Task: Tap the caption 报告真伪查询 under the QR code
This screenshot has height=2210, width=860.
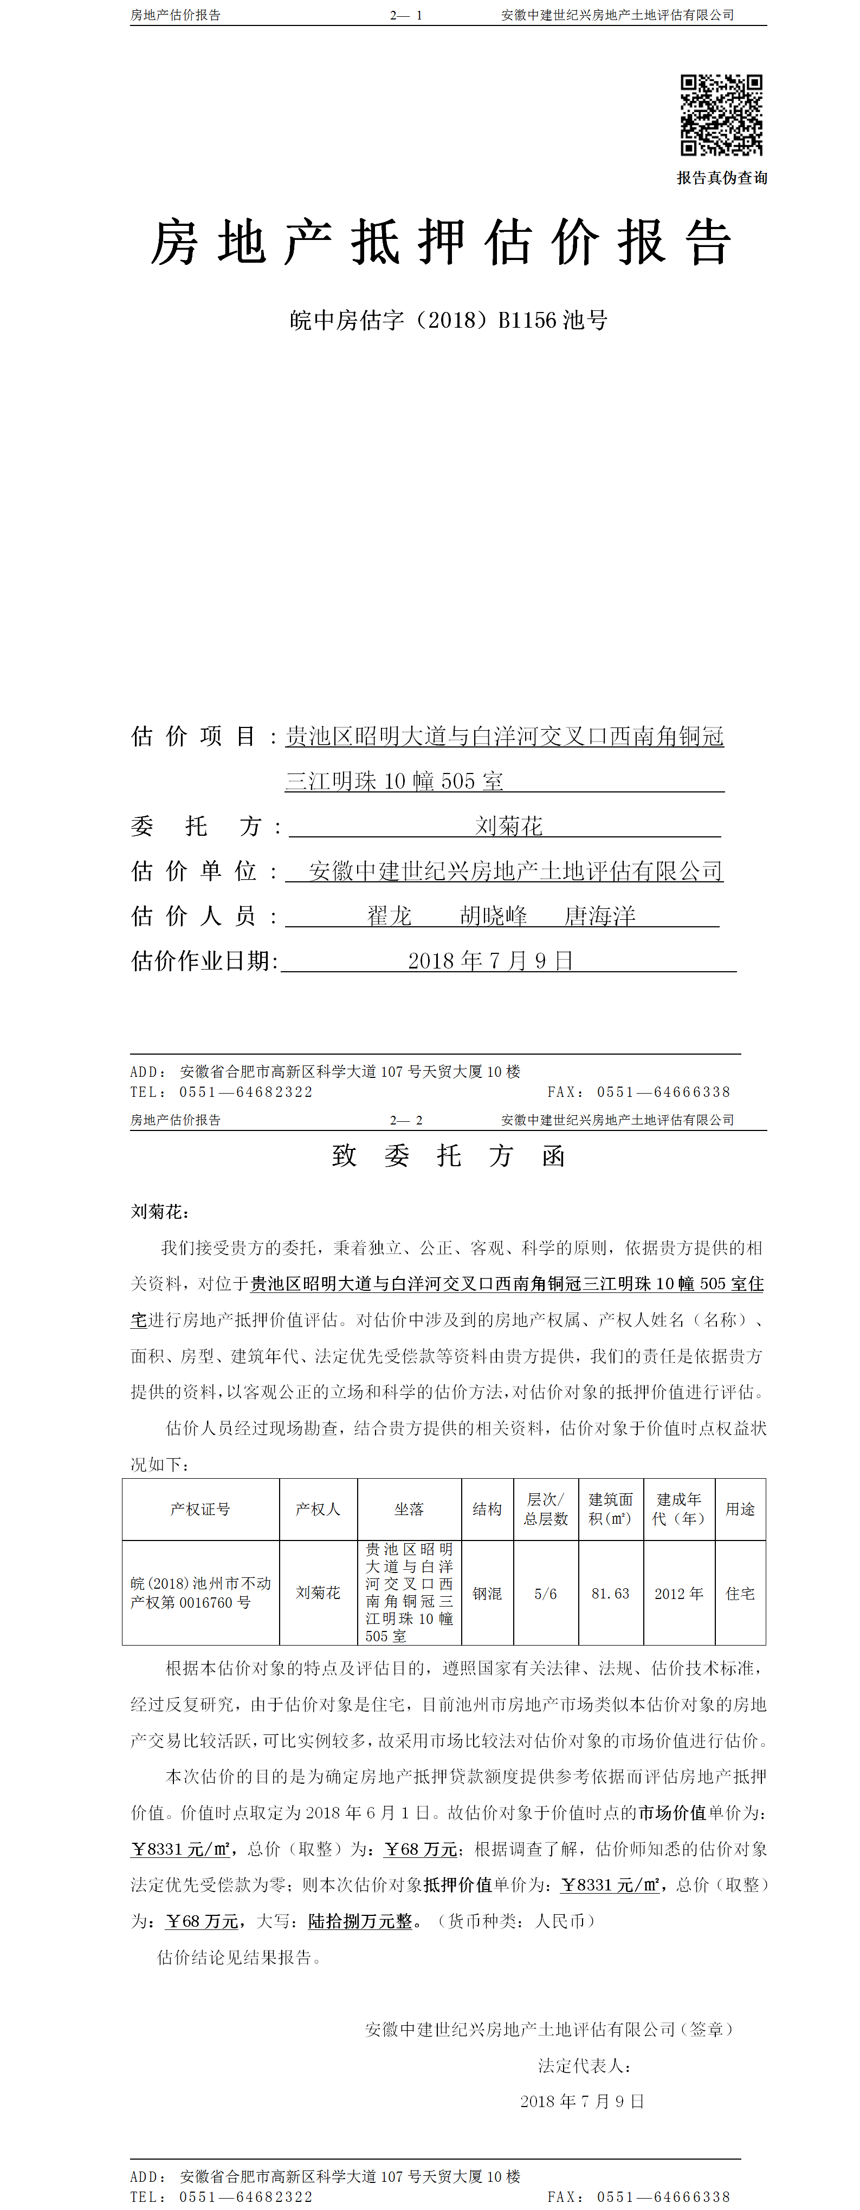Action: pyautogui.click(x=722, y=178)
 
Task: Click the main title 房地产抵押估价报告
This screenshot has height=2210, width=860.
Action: pyautogui.click(x=441, y=243)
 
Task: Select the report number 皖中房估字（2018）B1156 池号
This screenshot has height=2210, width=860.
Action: pyautogui.click(x=449, y=320)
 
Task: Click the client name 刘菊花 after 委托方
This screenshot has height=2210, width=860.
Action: pyautogui.click(x=509, y=826)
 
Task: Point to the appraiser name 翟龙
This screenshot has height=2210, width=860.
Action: pyautogui.click(x=390, y=916)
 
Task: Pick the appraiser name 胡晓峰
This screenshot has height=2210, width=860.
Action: pyautogui.click(x=494, y=916)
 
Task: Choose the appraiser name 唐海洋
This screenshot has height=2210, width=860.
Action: pyautogui.click(x=599, y=916)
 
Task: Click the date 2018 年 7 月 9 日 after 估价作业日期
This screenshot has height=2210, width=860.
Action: pyautogui.click(x=490, y=961)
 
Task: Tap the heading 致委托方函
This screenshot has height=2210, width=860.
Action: pyautogui.click(x=448, y=1155)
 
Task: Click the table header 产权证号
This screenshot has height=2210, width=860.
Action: pyautogui.click(x=200, y=1509)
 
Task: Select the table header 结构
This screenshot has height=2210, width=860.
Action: pyautogui.click(x=487, y=1509)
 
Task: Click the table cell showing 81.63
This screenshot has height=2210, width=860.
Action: pyautogui.click(x=610, y=1593)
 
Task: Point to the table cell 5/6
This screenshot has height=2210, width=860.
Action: pyautogui.click(x=545, y=1593)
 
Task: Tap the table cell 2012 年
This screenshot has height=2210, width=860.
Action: pyautogui.click(x=679, y=1593)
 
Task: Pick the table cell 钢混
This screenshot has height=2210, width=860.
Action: pyautogui.click(x=487, y=1593)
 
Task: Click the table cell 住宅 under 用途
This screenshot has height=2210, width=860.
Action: pyautogui.click(x=740, y=1593)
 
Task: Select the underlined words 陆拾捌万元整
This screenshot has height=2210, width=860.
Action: pyautogui.click(x=360, y=1921)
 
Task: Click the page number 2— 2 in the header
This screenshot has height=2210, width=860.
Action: pyautogui.click(x=406, y=1120)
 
